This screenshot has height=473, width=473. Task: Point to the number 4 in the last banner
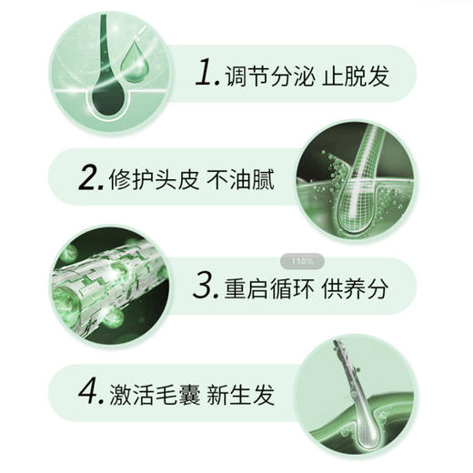(88, 395)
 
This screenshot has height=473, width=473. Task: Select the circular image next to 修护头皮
(358, 177)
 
